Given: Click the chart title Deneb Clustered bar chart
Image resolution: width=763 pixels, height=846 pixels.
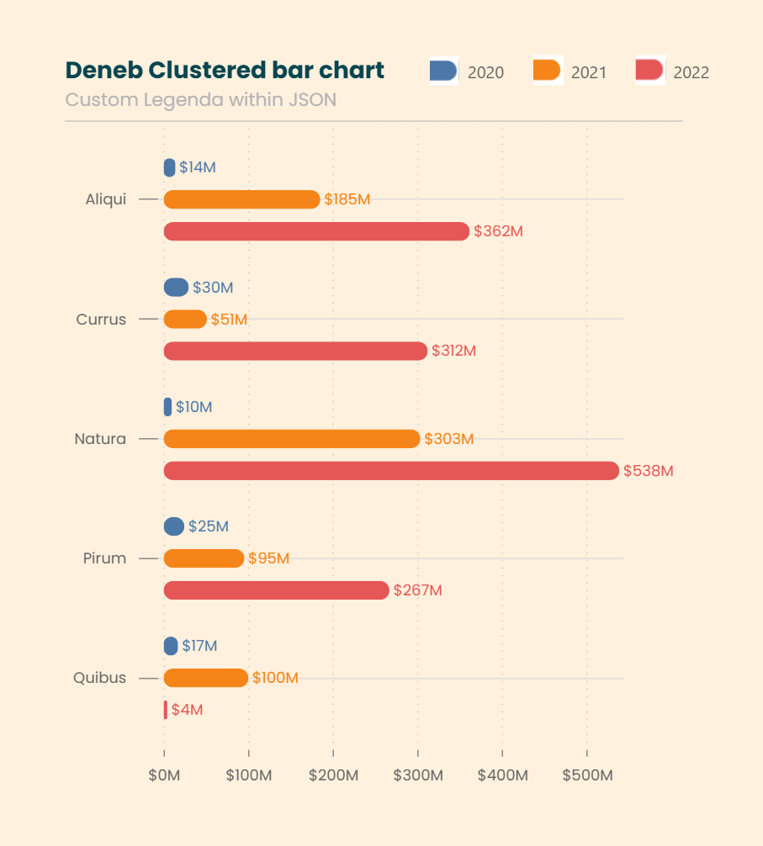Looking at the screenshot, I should pyautogui.click(x=225, y=71).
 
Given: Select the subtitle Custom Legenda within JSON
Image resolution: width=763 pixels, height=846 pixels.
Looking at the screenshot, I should pyautogui.click(x=200, y=99).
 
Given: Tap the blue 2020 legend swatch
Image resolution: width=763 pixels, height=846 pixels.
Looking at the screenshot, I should pyautogui.click(x=443, y=71).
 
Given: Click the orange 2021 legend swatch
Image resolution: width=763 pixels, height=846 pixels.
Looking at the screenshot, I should pyautogui.click(x=547, y=71).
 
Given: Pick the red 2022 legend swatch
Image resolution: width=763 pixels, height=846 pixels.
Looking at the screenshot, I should pyautogui.click(x=649, y=71).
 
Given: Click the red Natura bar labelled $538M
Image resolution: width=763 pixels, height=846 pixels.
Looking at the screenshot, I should pyautogui.click(x=391, y=471).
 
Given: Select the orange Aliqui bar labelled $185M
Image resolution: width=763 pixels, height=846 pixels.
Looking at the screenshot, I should pyautogui.click(x=241, y=199).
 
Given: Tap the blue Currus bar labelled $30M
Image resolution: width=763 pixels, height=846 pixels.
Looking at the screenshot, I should pyautogui.click(x=176, y=288).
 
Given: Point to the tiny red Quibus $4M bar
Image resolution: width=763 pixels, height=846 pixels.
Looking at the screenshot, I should pyautogui.click(x=166, y=710).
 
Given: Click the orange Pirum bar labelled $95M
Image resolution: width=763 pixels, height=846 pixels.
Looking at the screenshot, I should pyautogui.click(x=204, y=558).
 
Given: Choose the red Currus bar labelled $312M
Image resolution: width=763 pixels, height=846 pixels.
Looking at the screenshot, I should pyautogui.click(x=295, y=351).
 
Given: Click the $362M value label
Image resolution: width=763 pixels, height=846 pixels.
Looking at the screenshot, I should pyautogui.click(x=498, y=231).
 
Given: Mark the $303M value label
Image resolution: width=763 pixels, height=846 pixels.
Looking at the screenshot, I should pyautogui.click(x=449, y=439).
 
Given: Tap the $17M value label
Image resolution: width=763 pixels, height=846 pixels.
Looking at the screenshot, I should pyautogui.click(x=199, y=646).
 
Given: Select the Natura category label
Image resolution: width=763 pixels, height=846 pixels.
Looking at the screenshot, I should pyautogui.click(x=100, y=439).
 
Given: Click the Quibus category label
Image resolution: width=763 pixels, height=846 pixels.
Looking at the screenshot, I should pyautogui.click(x=99, y=678).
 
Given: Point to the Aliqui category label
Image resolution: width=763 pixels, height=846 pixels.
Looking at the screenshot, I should pyautogui.click(x=105, y=199).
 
